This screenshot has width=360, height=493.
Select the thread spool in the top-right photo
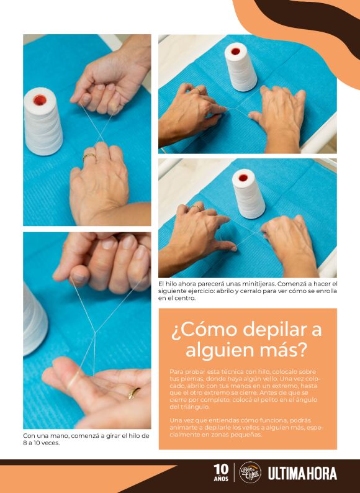pyautogui.click(x=241, y=67)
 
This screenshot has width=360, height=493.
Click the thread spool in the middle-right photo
pyautogui.click(x=248, y=193)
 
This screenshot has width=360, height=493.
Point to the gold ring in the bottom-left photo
pyautogui.click(x=134, y=392)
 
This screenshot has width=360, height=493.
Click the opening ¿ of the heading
pyautogui.click(x=174, y=330)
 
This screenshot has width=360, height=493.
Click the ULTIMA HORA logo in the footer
pyautogui.click(x=302, y=473)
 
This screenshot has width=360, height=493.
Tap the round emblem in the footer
pyautogui.click(x=250, y=473)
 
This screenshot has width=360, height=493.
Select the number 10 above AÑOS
pyautogui.click(x=221, y=468)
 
